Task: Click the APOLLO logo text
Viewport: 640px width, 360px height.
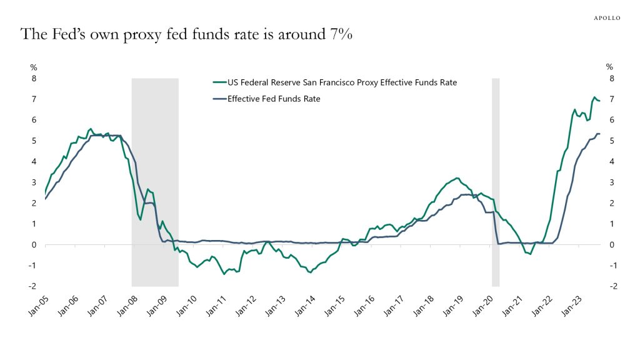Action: [606, 18]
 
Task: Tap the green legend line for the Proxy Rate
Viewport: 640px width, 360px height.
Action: [219, 82]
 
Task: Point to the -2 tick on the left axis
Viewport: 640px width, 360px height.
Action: [32, 286]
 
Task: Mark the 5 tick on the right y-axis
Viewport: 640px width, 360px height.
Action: [612, 141]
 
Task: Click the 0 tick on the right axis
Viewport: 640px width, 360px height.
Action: [612, 244]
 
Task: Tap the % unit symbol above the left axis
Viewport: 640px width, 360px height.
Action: [34, 67]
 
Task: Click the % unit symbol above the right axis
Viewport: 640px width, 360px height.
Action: [609, 67]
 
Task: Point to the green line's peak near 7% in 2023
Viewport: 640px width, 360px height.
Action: [594, 97]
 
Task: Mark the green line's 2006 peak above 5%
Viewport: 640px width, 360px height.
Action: [91, 129]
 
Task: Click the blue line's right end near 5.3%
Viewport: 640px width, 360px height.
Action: [599, 134]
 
